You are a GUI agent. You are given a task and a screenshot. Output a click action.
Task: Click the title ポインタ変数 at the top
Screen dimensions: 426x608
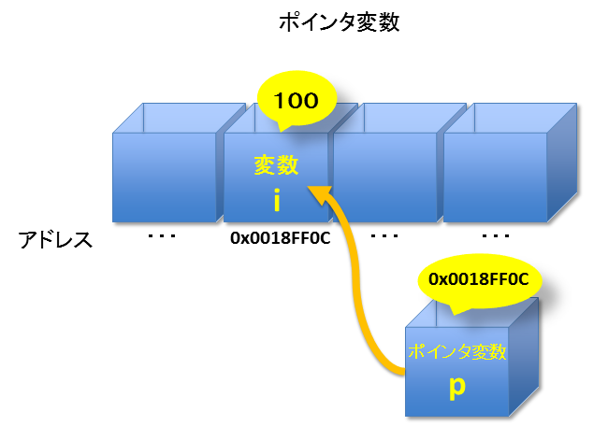339,23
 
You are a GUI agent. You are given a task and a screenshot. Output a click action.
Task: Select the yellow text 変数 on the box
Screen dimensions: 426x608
277,165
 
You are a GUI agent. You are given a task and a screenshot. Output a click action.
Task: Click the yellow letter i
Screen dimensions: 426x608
277,199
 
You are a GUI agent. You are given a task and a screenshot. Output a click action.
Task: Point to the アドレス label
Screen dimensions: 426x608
56,240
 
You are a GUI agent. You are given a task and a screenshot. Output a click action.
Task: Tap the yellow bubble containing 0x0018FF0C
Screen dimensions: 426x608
478,278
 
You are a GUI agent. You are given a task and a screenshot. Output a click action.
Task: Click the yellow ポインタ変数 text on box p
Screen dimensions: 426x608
457,353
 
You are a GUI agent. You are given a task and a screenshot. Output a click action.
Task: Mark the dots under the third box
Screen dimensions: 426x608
384,237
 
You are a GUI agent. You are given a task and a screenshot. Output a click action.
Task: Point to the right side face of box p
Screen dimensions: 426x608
525,360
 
